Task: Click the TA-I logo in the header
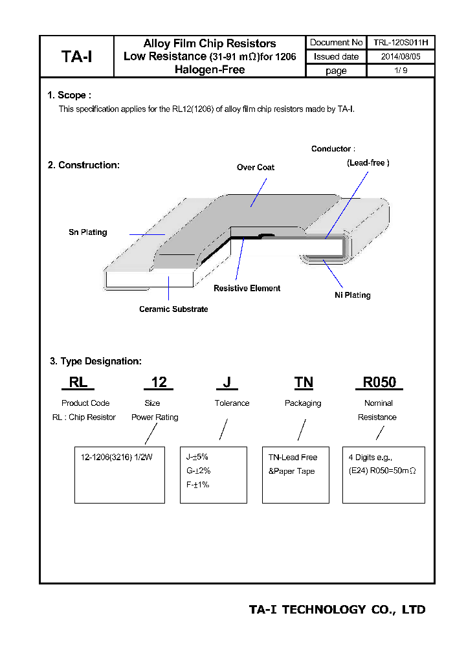click(x=76, y=56)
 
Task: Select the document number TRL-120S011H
click(x=400, y=43)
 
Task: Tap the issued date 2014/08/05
click(x=400, y=56)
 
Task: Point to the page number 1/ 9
click(x=400, y=71)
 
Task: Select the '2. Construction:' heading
click(x=83, y=165)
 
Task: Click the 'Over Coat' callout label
click(x=255, y=167)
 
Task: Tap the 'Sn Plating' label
click(x=88, y=232)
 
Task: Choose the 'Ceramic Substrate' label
click(x=173, y=309)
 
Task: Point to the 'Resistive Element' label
click(x=247, y=288)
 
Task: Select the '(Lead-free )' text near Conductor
click(x=368, y=163)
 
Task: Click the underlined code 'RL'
click(x=78, y=383)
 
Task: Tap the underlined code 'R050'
click(x=379, y=383)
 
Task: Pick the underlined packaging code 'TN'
click(x=304, y=383)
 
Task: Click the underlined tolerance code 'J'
click(x=227, y=383)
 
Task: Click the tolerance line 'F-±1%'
click(x=197, y=485)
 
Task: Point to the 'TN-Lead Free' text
click(x=293, y=457)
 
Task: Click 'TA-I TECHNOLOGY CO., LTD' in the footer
click(x=337, y=610)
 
